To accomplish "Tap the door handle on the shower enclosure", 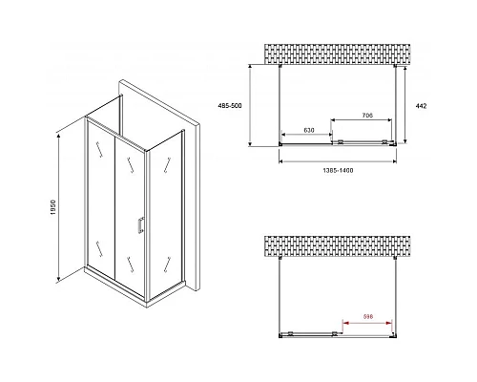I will click(x=139, y=225).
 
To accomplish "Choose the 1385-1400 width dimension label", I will click(x=339, y=168).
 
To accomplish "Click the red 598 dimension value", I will click(x=368, y=316).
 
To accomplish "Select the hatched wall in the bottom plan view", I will click(x=338, y=248).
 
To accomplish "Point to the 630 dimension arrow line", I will click(x=305, y=137).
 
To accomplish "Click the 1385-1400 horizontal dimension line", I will click(x=339, y=160).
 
